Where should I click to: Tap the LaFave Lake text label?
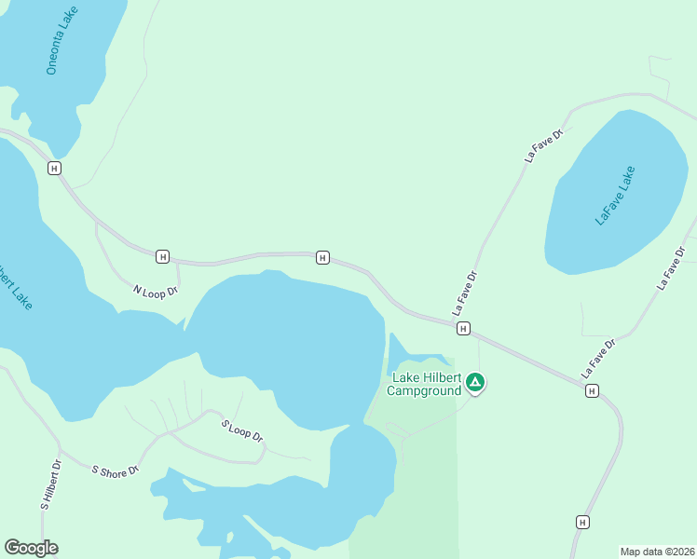click(615, 195)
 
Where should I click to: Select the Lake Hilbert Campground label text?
click(427, 384)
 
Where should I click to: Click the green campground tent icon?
click(475, 382)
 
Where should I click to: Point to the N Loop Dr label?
click(155, 292)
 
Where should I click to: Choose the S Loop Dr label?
click(242, 431)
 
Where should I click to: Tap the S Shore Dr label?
click(116, 470)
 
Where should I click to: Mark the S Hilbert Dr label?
click(50, 484)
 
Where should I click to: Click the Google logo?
click(31, 548)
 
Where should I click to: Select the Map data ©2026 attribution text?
click(657, 552)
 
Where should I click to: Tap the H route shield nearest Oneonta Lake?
click(54, 168)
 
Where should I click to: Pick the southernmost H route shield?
click(583, 522)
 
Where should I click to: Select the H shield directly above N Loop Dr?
click(163, 256)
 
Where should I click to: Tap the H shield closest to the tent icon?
click(462, 328)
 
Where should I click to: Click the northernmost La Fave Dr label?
click(545, 146)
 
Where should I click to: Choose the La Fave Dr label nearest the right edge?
click(671, 268)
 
